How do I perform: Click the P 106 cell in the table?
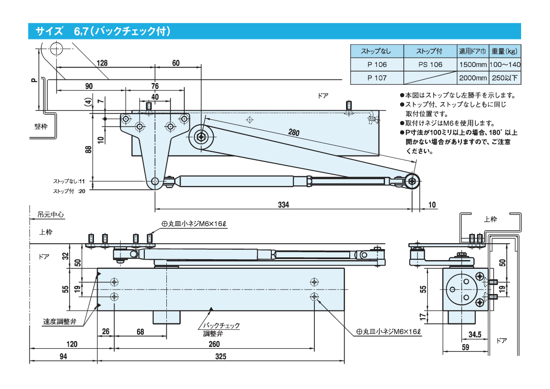click(377, 65)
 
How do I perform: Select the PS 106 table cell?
click(430, 65)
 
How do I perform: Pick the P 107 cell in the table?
click(377, 78)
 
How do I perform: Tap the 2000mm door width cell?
click(473, 78)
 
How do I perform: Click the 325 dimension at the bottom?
click(220, 357)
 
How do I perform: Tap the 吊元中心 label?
click(51, 214)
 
